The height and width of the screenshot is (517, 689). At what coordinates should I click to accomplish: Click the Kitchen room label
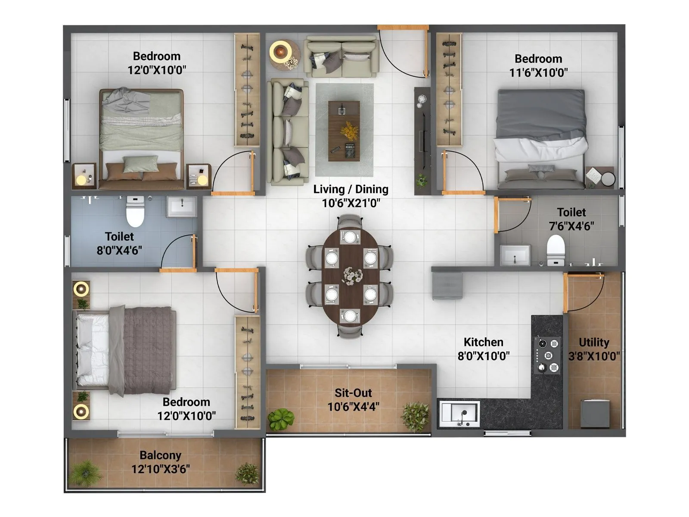pyautogui.click(x=483, y=342)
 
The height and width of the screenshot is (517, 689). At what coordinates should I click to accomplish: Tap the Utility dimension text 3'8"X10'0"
pyautogui.click(x=594, y=356)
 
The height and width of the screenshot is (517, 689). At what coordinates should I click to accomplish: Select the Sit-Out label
pyautogui.click(x=353, y=393)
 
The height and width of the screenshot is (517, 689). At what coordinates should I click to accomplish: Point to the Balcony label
pyautogui.click(x=160, y=455)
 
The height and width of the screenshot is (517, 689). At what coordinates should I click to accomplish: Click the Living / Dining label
pyautogui.click(x=351, y=189)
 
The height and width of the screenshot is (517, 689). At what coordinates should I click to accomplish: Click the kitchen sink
pyautogui.click(x=459, y=413)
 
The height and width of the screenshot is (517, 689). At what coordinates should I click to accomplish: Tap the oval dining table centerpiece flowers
pyautogui.click(x=351, y=276)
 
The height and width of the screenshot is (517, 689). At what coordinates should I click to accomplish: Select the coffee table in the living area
pyautogui.click(x=344, y=131)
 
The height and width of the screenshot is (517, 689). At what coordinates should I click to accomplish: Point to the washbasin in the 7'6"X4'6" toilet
pyautogui.click(x=515, y=255)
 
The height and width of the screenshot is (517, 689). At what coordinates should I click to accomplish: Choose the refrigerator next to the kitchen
pyautogui.click(x=447, y=285)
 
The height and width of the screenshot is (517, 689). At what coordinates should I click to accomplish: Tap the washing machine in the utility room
pyautogui.click(x=595, y=413)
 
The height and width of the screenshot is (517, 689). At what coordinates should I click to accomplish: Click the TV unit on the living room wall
pyautogui.click(x=422, y=140)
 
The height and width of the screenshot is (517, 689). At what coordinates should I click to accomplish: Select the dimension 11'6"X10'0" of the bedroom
pyautogui.click(x=538, y=73)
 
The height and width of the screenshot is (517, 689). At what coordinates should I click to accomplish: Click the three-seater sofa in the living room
pyautogui.click(x=287, y=132)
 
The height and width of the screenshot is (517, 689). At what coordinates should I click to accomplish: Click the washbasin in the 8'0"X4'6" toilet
pyautogui.click(x=182, y=207)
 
